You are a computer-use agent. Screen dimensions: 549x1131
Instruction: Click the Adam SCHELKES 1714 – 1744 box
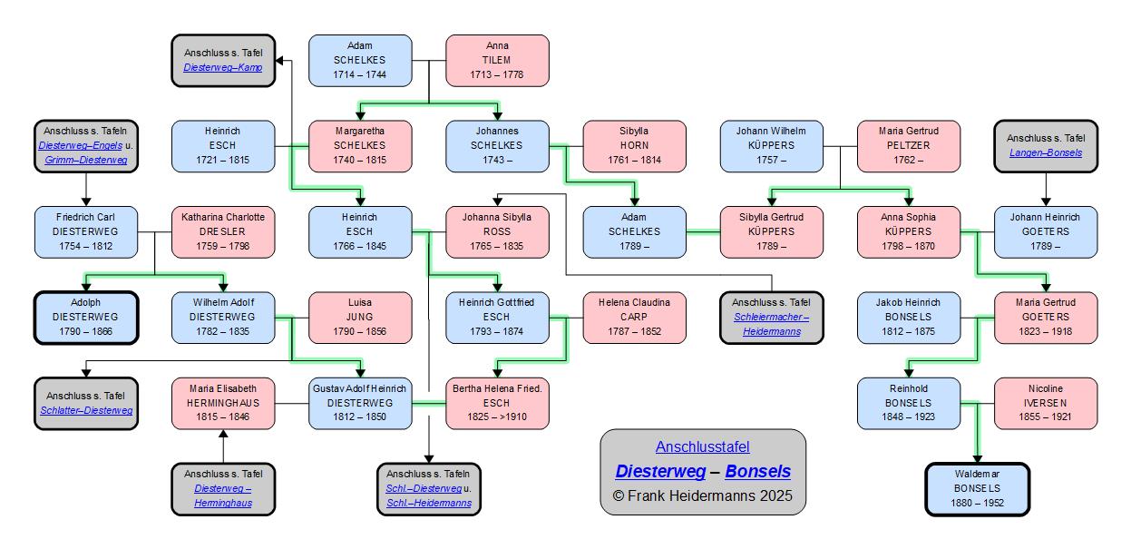point(360,60)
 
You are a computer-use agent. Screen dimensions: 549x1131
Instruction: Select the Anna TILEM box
point(497,60)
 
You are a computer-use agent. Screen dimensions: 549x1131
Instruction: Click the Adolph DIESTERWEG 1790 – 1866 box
point(86,317)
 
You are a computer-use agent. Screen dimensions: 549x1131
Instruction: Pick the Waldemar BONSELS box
point(978,488)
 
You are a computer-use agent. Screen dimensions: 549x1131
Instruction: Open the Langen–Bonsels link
point(1046,152)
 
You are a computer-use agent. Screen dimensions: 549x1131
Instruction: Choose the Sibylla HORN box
point(634,145)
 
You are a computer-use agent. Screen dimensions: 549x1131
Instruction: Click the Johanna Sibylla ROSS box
point(497,231)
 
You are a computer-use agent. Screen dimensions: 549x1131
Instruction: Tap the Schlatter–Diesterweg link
point(86,410)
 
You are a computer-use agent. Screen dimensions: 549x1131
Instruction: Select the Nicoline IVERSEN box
point(1046,403)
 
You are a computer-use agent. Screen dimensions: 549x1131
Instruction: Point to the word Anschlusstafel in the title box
point(703,446)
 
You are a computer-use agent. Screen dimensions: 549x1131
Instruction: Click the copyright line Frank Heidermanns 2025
point(703,495)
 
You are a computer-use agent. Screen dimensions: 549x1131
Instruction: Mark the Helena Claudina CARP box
point(634,317)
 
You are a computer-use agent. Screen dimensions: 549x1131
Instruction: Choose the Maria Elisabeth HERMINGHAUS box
point(222,403)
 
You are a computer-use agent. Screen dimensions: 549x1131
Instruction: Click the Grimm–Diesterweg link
point(86,160)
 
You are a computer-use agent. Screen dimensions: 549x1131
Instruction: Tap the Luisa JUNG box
point(360,317)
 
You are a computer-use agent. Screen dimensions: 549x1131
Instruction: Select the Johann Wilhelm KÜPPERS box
point(771,145)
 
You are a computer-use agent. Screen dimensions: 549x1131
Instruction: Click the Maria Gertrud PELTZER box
point(909,145)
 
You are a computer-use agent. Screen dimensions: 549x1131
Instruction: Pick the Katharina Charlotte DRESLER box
point(222,231)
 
